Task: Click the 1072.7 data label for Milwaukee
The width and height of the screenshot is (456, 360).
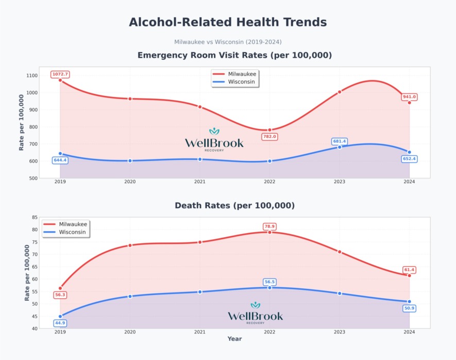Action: coord(60,74)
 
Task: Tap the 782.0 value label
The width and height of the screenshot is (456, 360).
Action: coord(269,137)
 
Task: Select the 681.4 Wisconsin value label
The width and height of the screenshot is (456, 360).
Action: coord(340,141)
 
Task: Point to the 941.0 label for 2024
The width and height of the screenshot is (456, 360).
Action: coord(409,96)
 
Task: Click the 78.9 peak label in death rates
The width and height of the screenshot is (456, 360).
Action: coord(269,226)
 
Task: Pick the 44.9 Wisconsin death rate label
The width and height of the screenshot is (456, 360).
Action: coord(60,323)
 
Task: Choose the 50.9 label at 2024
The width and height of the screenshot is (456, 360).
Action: coord(409,308)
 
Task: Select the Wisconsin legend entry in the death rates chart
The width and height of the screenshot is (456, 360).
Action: coord(66,232)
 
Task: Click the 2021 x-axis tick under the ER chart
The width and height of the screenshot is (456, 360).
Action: coord(199,182)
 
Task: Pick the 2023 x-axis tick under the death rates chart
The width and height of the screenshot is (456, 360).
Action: coord(340,332)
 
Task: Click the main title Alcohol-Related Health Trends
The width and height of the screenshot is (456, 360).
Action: coord(228,22)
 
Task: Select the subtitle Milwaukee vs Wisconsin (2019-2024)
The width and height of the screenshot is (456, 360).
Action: coord(228,42)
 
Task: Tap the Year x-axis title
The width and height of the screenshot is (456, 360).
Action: coord(234,339)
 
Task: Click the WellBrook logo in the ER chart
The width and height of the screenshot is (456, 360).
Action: coord(214,140)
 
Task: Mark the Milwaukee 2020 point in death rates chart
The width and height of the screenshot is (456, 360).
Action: coord(130,246)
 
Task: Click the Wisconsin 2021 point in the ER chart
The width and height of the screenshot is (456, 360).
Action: coord(200,159)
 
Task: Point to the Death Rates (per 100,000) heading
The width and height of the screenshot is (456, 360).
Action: coord(234,205)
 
